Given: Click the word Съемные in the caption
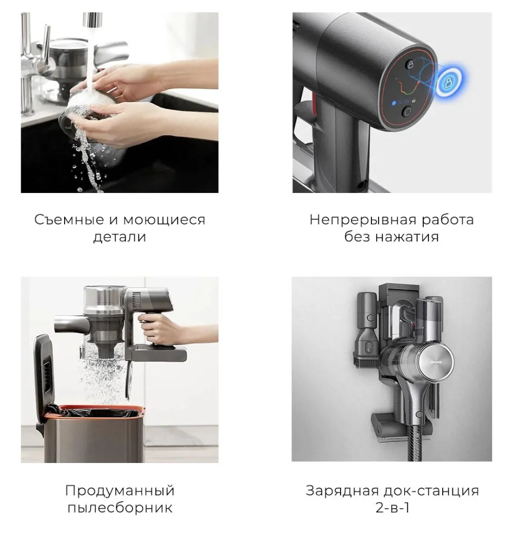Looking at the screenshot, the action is pyautogui.click(x=69, y=220).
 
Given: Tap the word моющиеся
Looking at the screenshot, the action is pyautogui.click(x=164, y=220).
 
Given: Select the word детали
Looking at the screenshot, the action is pyautogui.click(x=120, y=237).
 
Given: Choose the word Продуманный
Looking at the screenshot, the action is pyautogui.click(x=120, y=491).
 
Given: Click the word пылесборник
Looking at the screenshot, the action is pyautogui.click(x=120, y=508).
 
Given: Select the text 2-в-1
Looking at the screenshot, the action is pyautogui.click(x=392, y=508).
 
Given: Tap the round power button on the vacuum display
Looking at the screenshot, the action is pyautogui.click(x=408, y=111).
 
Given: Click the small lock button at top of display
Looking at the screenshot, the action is pyautogui.click(x=410, y=64).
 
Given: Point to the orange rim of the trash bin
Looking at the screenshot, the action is pyautogui.click(x=100, y=409).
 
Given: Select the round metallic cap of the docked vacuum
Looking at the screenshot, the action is pyautogui.click(x=435, y=362).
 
